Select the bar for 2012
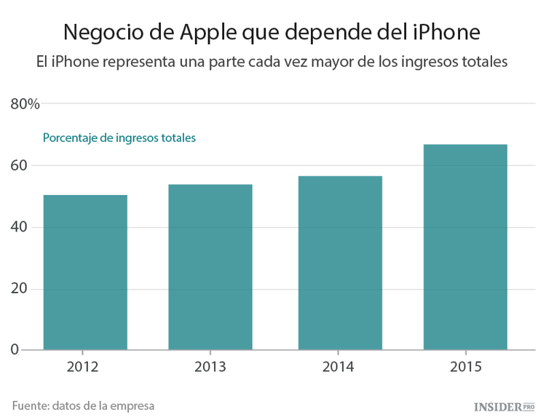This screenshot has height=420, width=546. (x=85, y=272)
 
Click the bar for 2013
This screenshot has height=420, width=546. (x=210, y=267)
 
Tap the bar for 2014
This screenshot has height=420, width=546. (x=340, y=263)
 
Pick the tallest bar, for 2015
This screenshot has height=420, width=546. (x=465, y=247)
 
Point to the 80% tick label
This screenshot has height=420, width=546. (x=25, y=104)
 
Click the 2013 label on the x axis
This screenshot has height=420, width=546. (x=210, y=367)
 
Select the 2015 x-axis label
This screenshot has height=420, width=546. (x=466, y=367)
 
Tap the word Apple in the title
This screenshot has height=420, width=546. (x=196, y=32)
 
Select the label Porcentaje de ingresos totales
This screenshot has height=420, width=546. (x=119, y=138)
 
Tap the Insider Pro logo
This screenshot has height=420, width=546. (x=504, y=405)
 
